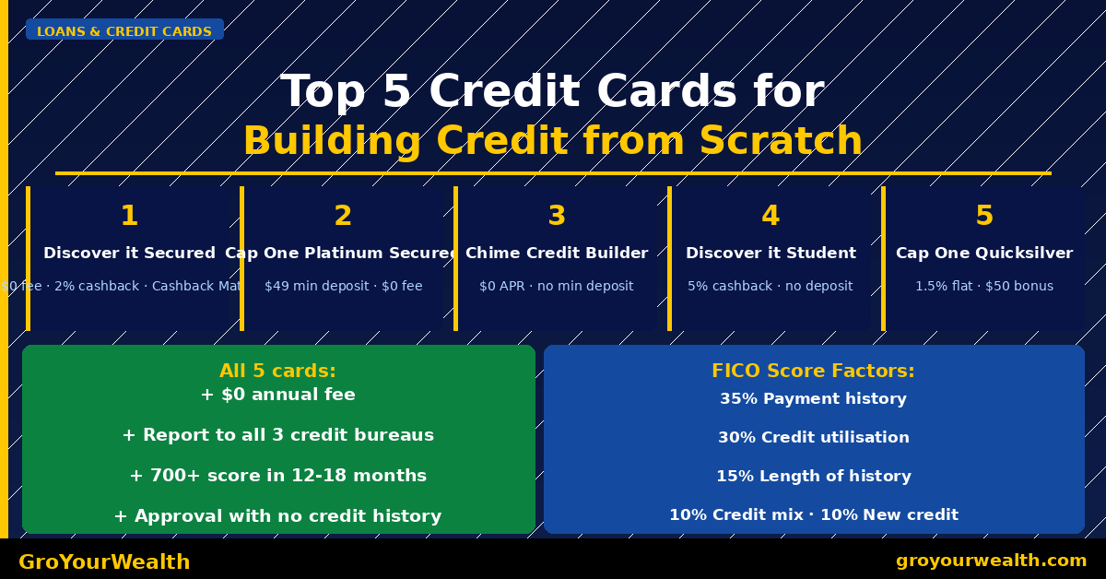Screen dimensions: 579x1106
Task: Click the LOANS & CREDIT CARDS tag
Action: (124, 31)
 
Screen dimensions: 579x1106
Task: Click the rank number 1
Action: (129, 216)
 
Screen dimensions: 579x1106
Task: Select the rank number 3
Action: (557, 216)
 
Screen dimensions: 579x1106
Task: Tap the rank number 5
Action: (984, 216)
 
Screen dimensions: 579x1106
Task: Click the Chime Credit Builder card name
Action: (557, 253)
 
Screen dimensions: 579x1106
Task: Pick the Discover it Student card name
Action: (771, 253)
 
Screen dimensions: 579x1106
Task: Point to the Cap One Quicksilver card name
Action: (984, 253)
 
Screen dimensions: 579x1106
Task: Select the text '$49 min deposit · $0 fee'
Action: (343, 286)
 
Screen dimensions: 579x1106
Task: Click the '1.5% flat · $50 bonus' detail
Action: (984, 286)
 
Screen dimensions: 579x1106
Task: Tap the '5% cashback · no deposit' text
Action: (771, 286)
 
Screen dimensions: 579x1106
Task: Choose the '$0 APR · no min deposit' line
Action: (557, 286)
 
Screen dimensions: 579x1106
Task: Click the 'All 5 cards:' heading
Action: (277, 371)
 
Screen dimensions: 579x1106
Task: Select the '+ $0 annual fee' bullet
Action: (277, 395)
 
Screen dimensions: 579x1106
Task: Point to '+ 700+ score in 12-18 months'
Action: (277, 476)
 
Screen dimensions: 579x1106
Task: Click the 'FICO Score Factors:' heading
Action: (813, 371)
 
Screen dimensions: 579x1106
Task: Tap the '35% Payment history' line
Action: (813, 399)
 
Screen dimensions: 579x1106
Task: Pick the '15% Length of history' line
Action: (813, 477)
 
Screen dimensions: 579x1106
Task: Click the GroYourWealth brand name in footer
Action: (104, 561)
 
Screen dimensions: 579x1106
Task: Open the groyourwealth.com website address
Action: (991, 561)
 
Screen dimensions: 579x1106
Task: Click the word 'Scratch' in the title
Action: (780, 142)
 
